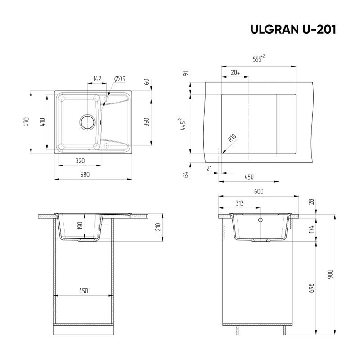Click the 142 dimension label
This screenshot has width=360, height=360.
tap(97, 79)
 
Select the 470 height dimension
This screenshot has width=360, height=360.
tap(27, 123)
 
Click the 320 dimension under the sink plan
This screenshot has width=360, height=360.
tap(81, 161)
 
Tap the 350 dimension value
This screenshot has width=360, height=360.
tap(146, 122)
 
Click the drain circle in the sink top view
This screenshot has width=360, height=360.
tap(87, 121)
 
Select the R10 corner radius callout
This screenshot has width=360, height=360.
tap(233, 138)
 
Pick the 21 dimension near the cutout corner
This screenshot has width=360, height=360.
tap(208, 168)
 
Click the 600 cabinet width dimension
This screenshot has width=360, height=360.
tap(258, 192)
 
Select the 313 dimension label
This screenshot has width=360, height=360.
tap(239, 203)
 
